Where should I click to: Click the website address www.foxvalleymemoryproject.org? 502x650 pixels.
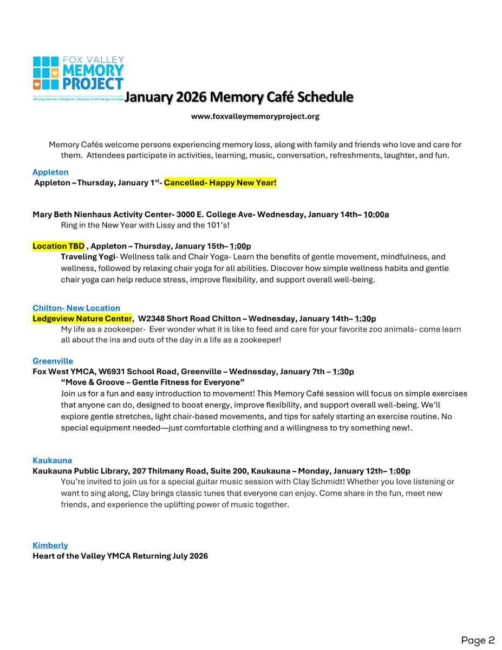pyautogui.click(x=255, y=116)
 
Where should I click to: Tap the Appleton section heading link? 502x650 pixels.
pyautogui.click(x=50, y=172)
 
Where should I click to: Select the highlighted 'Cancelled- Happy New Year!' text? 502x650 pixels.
pyautogui.click(x=220, y=183)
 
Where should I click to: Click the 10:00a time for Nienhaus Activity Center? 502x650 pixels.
pyautogui.click(x=376, y=214)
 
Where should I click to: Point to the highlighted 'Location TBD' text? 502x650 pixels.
pyautogui.click(x=58, y=246)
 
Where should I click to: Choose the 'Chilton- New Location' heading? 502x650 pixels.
pyautogui.click(x=76, y=308)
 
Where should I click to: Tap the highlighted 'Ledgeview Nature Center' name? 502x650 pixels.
pyautogui.click(x=82, y=318)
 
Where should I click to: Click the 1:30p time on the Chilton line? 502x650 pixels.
pyautogui.click(x=365, y=318)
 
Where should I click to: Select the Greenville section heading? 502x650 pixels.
pyautogui.click(x=53, y=361)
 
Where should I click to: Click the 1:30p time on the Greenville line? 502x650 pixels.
pyautogui.click(x=343, y=372)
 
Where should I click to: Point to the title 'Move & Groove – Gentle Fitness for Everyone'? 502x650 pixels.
pyautogui.click(x=153, y=382)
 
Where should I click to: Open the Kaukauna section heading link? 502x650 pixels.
pyautogui.click(x=52, y=460)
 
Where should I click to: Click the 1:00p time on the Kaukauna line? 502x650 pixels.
pyautogui.click(x=399, y=471)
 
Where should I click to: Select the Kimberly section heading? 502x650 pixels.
pyautogui.click(x=50, y=545)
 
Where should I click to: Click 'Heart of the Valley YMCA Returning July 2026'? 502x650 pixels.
pyautogui.click(x=120, y=556)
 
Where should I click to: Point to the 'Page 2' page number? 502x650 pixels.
pyautogui.click(x=478, y=640)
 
